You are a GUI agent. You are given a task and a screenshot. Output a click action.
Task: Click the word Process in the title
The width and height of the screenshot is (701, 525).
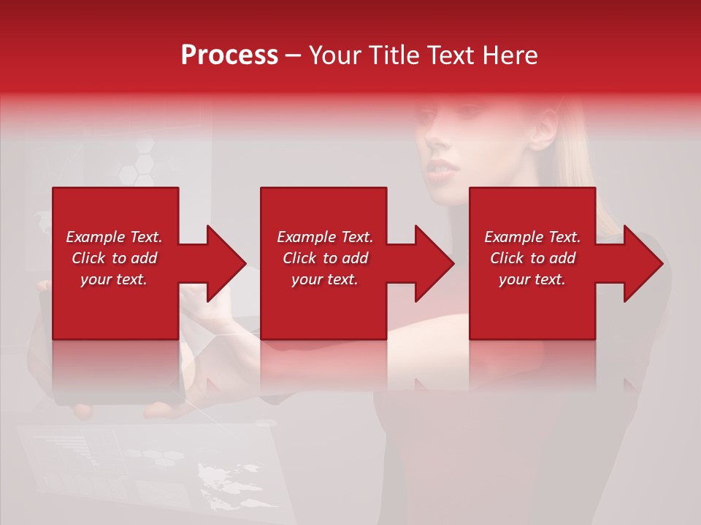point(229,55)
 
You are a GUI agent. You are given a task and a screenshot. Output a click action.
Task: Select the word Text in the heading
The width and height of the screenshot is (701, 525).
point(453,55)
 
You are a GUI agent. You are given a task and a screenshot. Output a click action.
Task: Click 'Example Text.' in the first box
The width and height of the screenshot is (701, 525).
point(114,237)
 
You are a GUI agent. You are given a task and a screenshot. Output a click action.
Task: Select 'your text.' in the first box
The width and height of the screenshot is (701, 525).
point(114,279)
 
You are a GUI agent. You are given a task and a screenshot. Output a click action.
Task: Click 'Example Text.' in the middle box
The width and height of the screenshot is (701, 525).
point(325,237)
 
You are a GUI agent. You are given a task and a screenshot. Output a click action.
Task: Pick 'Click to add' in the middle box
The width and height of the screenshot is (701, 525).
point(325,258)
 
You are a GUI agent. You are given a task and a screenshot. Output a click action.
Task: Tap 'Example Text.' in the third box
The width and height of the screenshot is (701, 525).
point(532,237)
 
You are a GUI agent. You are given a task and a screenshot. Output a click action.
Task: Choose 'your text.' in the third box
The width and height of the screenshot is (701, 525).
point(532,279)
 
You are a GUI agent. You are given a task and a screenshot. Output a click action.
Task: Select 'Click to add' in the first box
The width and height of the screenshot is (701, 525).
point(114,258)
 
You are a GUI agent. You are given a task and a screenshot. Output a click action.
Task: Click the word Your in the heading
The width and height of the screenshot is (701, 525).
point(336,55)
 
